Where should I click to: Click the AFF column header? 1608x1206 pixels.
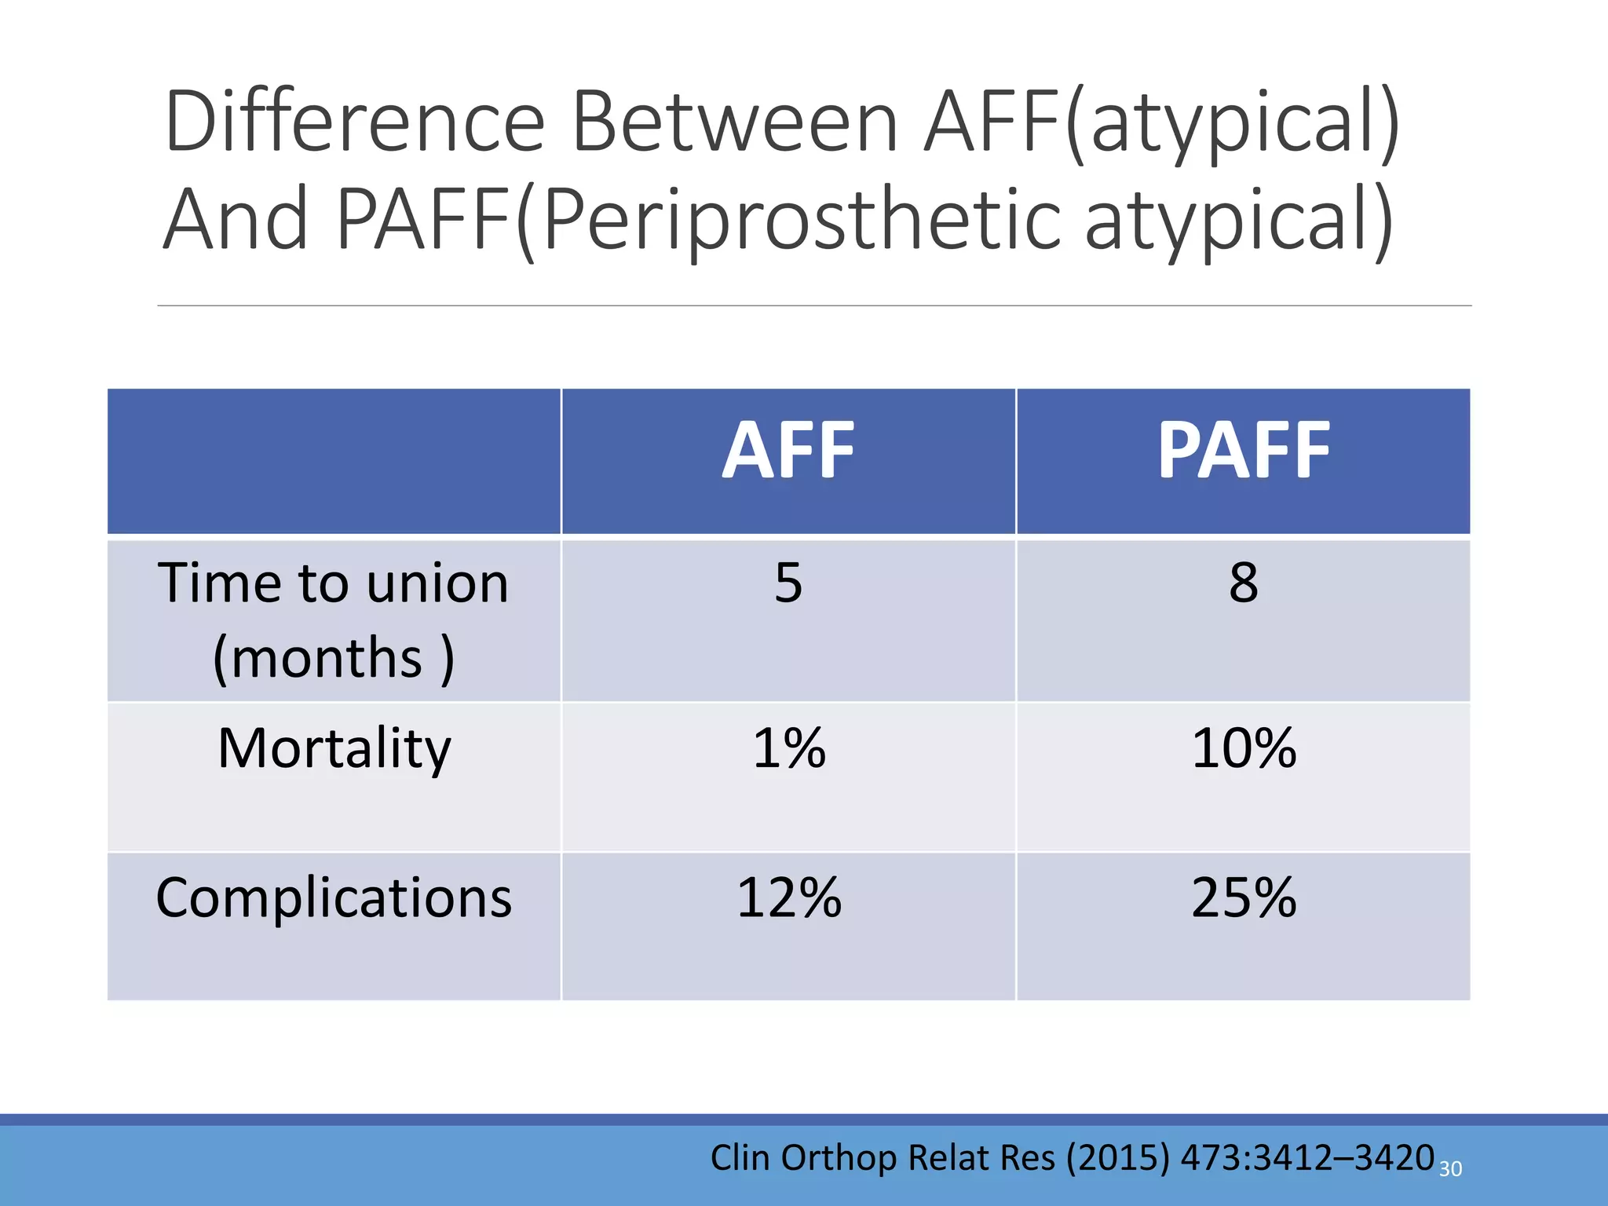788,451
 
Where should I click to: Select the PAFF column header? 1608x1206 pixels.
1244,451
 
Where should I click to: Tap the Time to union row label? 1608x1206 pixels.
333,584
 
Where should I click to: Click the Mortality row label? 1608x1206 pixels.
334,748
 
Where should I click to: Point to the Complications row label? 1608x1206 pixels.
334,897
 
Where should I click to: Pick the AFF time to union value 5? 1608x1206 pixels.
788,583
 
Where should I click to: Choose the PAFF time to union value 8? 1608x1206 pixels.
1244,583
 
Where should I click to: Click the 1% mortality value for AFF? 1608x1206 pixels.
789,748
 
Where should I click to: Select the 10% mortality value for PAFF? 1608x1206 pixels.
1244,748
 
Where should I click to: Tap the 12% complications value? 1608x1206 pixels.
789,897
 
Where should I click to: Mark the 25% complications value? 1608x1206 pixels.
1244,897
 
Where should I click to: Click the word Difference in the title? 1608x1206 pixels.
355,122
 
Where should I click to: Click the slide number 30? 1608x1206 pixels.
1450,1169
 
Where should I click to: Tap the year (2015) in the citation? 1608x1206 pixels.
1117,1158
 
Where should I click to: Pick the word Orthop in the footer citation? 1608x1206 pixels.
839,1158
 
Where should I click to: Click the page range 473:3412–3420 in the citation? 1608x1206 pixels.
1307,1158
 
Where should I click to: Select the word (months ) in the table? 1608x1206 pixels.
333,658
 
